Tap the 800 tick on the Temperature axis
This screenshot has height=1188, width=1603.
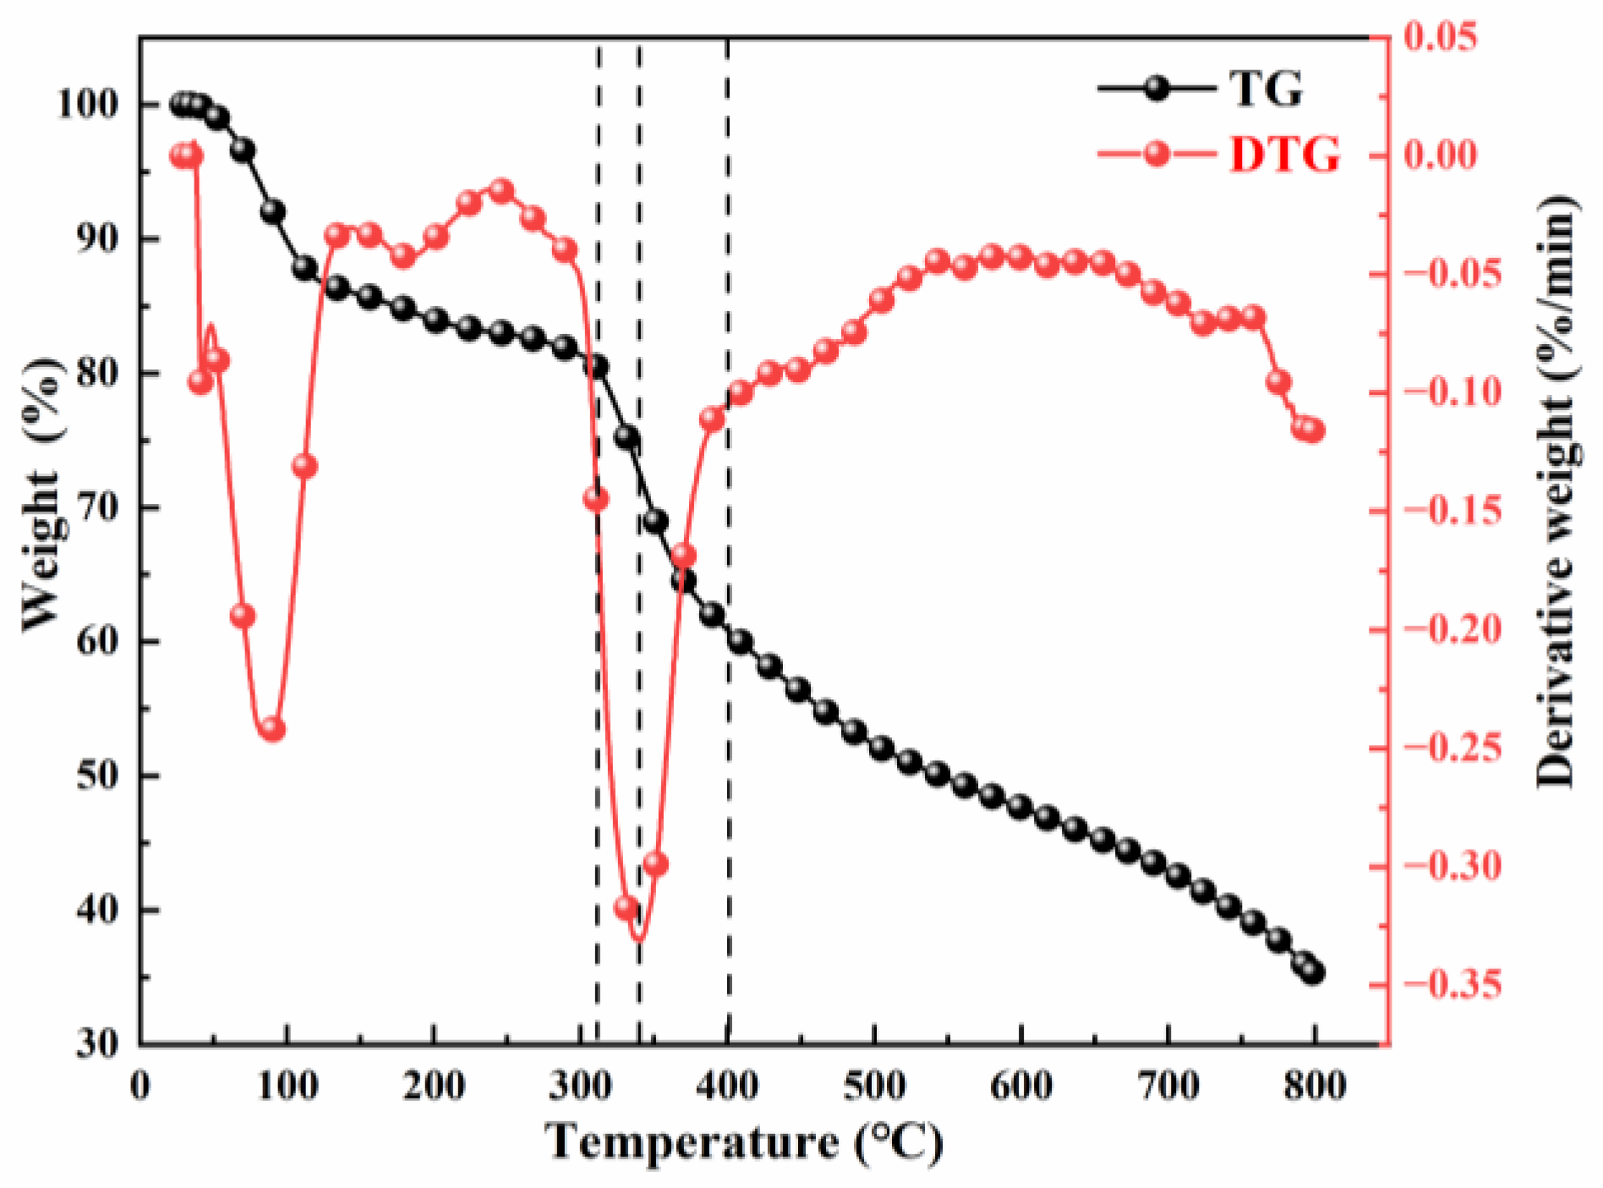pyautogui.click(x=1315, y=1085)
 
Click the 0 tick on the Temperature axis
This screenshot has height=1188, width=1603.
pyautogui.click(x=141, y=1085)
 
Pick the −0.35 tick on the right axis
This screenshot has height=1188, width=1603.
pyautogui.click(x=1453, y=985)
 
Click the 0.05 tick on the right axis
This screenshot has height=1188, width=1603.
pyautogui.click(x=1441, y=36)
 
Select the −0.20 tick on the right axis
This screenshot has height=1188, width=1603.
pyautogui.click(x=1453, y=629)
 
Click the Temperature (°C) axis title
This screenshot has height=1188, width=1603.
pyautogui.click(x=743, y=1143)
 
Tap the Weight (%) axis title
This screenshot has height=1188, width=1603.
pyautogui.click(x=42, y=494)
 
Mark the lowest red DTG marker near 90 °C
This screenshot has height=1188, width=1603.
pyautogui.click(x=272, y=729)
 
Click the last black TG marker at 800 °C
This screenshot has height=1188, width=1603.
pyautogui.click(x=1312, y=972)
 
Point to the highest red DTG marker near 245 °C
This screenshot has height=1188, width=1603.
pyautogui.click(x=501, y=190)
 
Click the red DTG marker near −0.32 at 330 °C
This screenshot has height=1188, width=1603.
pyautogui.click(x=626, y=908)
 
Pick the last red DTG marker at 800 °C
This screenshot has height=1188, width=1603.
pyautogui.click(x=1312, y=430)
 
